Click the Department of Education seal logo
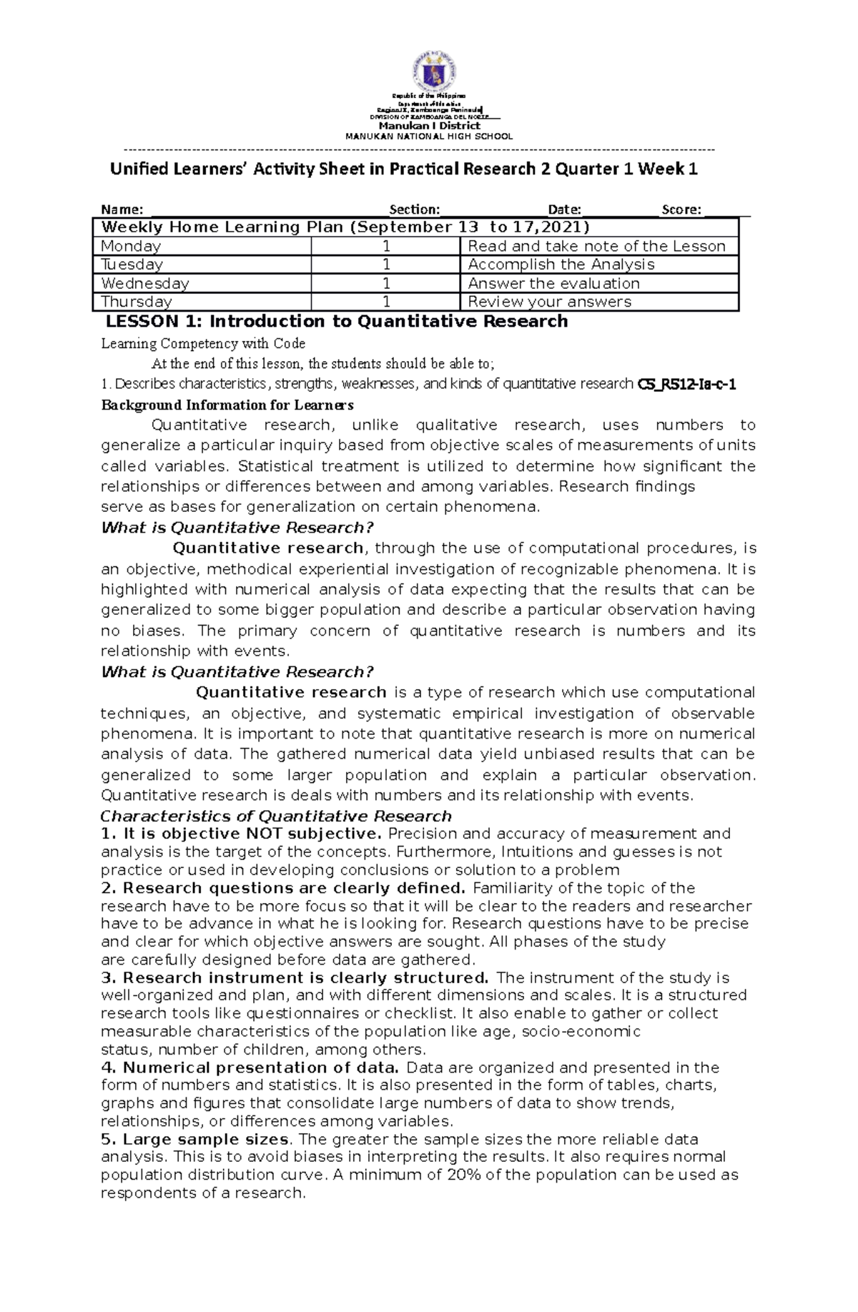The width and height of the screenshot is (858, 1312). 430,74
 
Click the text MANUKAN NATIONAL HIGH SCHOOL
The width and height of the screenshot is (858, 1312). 429,137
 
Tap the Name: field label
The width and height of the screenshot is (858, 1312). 122,209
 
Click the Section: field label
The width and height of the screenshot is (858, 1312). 414,209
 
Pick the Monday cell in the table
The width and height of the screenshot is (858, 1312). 131,246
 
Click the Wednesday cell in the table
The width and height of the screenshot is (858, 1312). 145,283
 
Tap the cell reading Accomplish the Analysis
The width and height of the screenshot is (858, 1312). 561,265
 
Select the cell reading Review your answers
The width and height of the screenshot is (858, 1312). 549,302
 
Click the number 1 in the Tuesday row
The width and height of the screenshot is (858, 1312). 386,265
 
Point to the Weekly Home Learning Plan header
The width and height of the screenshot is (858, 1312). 345,227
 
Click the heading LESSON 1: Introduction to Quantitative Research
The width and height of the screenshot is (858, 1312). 336,322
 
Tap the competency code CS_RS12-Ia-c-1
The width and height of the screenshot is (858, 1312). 686,385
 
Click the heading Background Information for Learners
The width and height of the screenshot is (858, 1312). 227,405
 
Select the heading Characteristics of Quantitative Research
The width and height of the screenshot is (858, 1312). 276,817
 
